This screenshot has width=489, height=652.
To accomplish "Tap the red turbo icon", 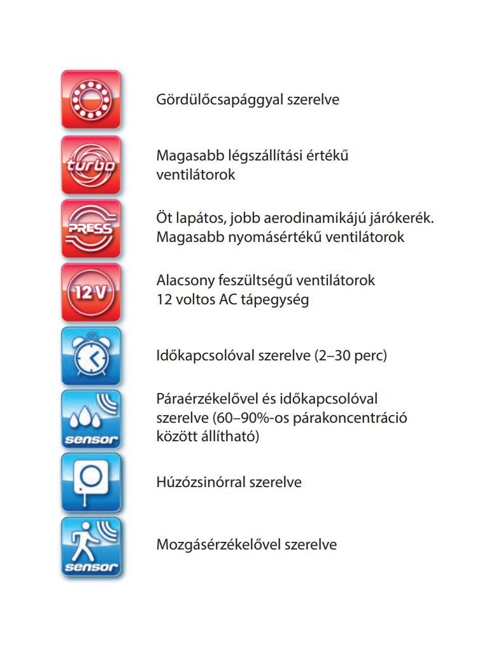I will coord(91,165).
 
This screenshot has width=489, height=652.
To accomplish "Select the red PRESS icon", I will coord(91,229).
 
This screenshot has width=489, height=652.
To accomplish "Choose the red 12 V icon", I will coord(91,292).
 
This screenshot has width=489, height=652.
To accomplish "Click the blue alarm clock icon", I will coord(91,356).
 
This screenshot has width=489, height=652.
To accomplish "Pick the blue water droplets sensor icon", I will coord(91,420).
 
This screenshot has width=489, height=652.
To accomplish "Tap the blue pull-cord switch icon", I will coord(91,482).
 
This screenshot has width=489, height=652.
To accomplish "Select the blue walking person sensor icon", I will coord(91,546).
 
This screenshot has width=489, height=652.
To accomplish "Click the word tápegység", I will coord(276,299).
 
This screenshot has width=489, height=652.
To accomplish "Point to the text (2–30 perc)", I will coord(351,355).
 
